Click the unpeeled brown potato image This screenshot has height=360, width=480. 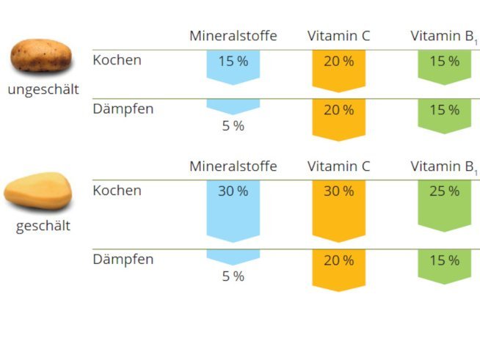click(x=42, y=55)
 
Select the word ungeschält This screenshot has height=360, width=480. click(x=43, y=89)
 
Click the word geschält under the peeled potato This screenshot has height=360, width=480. click(x=43, y=226)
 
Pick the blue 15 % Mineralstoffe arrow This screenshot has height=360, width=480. click(x=233, y=65)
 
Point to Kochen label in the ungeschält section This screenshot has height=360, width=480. click(x=117, y=60)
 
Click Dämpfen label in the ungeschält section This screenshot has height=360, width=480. click(x=123, y=109)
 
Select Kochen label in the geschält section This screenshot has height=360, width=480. click(x=117, y=191)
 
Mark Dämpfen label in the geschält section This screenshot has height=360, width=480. click(x=123, y=260)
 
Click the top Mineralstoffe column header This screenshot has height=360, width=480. click(x=233, y=36)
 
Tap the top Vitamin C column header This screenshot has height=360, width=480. click(x=338, y=36)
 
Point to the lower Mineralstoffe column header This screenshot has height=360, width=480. click(x=233, y=166)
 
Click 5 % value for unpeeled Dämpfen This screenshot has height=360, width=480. click(x=233, y=126)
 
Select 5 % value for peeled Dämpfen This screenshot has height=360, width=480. click(x=233, y=276)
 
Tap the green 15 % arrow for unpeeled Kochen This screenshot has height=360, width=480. click(x=444, y=65)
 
